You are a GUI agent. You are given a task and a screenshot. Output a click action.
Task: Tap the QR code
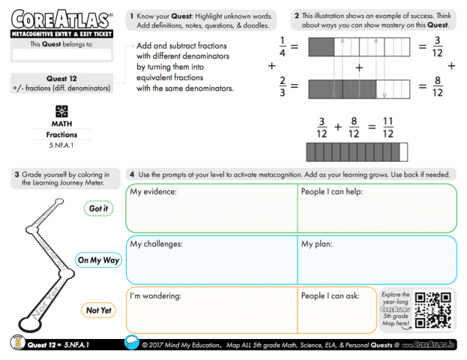433,309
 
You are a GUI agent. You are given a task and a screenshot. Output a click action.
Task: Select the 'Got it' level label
98,208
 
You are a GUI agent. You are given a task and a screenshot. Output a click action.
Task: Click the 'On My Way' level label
98,260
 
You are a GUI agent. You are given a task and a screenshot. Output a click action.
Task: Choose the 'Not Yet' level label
98,310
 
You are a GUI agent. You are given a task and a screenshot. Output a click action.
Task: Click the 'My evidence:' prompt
154,192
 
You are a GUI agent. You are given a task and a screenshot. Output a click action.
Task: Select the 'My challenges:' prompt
157,244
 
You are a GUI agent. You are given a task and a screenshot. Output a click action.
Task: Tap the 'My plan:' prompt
317,244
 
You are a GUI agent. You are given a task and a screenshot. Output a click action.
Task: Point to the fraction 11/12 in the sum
387,127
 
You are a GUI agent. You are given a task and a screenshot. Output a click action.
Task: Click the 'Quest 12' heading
62,78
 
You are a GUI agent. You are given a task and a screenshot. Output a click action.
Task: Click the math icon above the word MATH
62,110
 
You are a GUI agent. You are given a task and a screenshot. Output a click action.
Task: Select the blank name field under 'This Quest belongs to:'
61,55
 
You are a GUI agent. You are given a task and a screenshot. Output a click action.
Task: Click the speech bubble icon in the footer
132,343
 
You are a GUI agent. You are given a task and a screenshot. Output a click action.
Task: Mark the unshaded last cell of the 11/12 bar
404,152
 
